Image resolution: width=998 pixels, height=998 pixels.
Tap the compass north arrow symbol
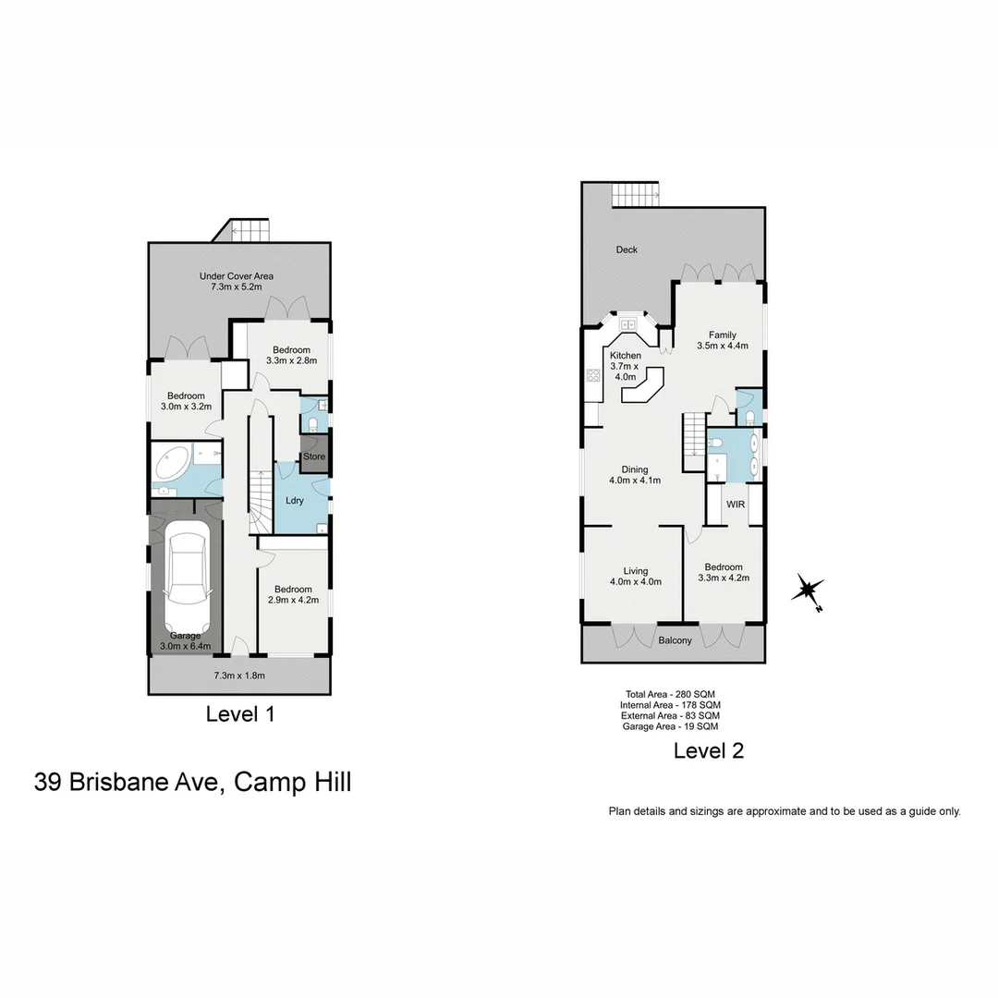809,590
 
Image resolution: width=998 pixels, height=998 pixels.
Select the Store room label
315,456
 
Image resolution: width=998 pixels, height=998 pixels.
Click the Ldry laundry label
295,501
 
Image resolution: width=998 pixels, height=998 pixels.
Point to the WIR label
736,505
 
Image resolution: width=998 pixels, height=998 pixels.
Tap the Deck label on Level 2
627,249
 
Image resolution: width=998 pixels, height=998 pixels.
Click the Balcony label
675,640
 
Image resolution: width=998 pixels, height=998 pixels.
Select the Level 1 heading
240,713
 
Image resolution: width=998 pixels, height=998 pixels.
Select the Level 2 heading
709,750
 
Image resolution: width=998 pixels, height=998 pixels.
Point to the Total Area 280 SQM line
670,694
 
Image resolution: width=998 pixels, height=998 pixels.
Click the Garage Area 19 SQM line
670,726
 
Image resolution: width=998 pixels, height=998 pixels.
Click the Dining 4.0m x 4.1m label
634,475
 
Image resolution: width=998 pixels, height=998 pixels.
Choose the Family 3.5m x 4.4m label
722,340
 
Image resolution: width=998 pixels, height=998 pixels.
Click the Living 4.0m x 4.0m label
635,576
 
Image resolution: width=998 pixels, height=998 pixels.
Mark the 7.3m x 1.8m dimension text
239,675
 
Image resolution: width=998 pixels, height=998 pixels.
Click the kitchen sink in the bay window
629,324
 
